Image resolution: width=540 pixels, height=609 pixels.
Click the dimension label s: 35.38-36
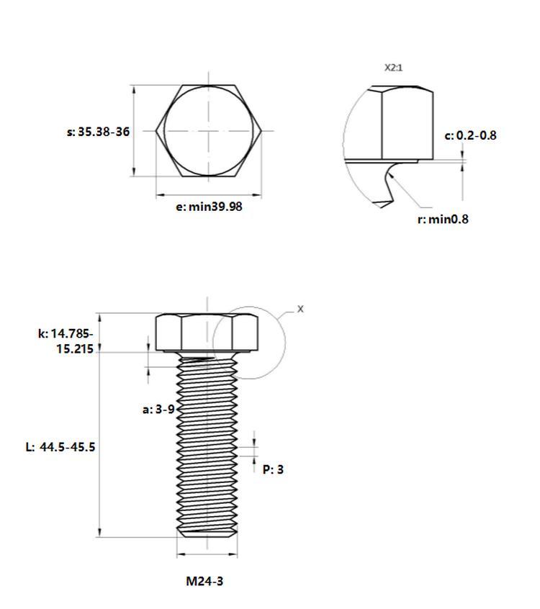click(99, 132)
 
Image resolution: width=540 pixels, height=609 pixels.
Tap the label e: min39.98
click(209, 207)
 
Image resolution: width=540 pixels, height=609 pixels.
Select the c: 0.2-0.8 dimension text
click(470, 135)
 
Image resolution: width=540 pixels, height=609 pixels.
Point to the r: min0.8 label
click(443, 219)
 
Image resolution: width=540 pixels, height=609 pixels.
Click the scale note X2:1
click(394, 68)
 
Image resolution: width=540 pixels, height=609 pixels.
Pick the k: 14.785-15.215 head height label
click(66, 341)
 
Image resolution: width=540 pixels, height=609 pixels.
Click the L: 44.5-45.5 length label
click(60, 446)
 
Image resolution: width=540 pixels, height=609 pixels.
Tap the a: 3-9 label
click(158, 409)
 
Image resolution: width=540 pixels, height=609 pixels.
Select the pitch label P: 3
click(273, 469)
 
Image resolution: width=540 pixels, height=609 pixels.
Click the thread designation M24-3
click(204, 581)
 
